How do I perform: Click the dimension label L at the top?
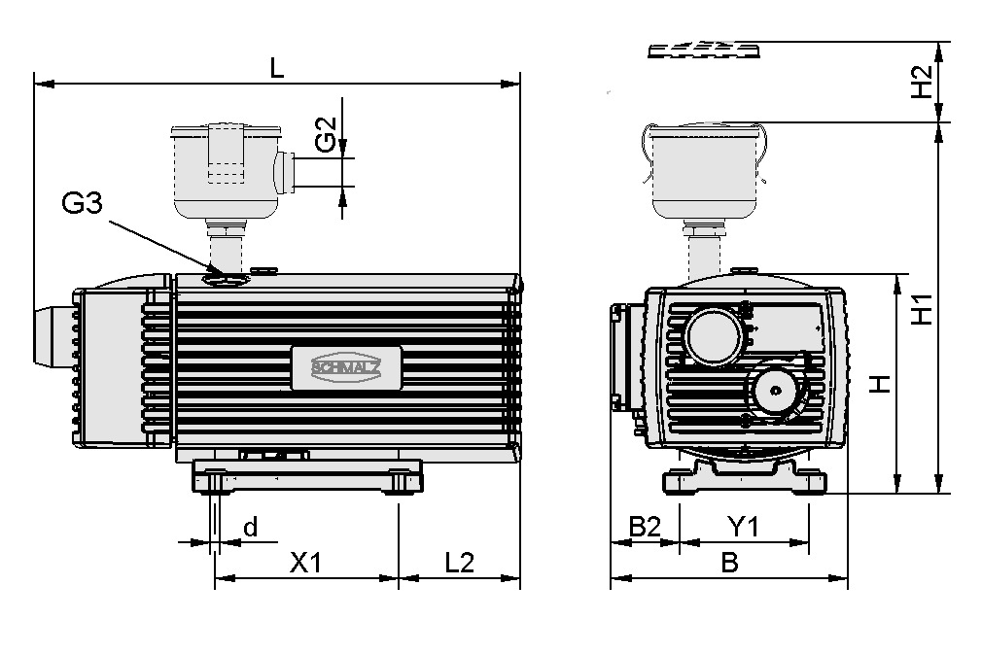click(277, 68)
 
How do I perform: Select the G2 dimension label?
click(328, 135)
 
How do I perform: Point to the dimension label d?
click(250, 528)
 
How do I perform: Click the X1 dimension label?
click(305, 563)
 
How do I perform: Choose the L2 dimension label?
click(459, 563)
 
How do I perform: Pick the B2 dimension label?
click(644, 527)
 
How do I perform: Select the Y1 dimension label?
click(744, 527)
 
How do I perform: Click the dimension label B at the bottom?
click(729, 563)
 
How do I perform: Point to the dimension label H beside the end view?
click(879, 384)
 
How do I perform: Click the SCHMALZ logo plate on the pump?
click(346, 367)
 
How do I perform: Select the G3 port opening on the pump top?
click(226, 279)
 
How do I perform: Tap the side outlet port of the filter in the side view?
click(285, 172)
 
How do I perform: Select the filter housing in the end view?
click(705, 172)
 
